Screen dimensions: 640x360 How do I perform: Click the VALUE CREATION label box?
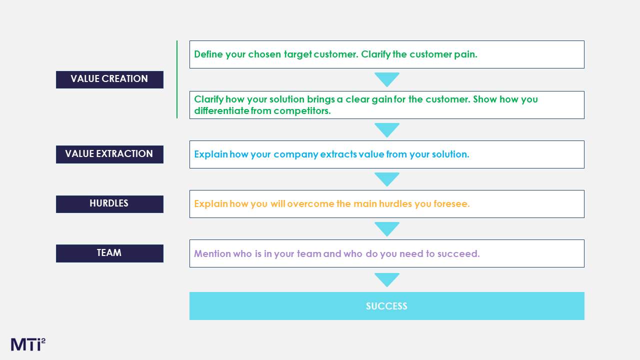[x=109, y=79]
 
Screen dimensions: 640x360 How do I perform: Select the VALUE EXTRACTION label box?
[x=109, y=154]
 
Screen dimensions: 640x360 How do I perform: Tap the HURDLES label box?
[x=109, y=204]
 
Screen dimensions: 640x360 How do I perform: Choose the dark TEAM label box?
[x=109, y=253]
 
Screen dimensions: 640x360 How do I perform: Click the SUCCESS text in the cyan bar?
[x=386, y=306]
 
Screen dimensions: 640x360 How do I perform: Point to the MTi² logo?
[x=28, y=344]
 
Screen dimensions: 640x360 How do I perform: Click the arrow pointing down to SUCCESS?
[x=387, y=279]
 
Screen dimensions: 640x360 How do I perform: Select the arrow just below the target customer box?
[x=387, y=79]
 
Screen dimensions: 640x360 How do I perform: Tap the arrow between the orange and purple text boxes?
[x=387, y=229]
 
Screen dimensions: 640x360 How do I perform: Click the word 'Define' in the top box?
[x=208, y=54]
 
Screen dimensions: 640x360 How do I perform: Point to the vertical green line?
[x=177, y=79]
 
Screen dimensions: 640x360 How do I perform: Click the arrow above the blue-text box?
[x=387, y=130]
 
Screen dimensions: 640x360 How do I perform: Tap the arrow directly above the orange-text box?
[x=387, y=179]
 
